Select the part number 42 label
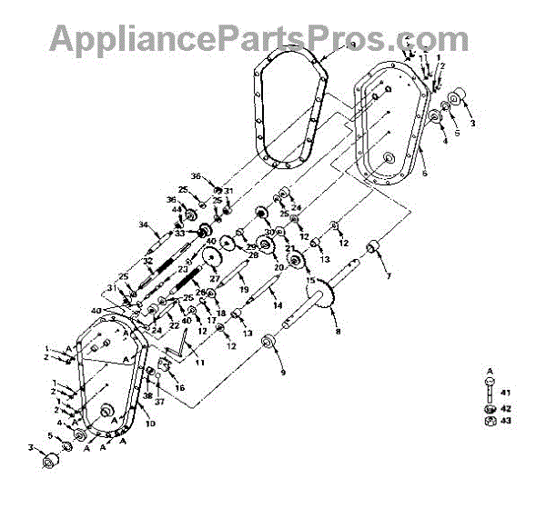[507, 408]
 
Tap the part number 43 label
[507, 420]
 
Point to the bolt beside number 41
[490, 392]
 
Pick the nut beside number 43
[490, 420]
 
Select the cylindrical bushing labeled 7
[371, 248]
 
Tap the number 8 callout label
[339, 333]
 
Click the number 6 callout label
[424, 173]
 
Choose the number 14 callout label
[277, 305]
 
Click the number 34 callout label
[143, 224]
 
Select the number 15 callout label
[310, 281]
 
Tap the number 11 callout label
[198, 363]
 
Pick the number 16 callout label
[179, 387]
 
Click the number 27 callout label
[215, 278]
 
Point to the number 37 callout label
[158, 401]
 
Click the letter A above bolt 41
[490, 371]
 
